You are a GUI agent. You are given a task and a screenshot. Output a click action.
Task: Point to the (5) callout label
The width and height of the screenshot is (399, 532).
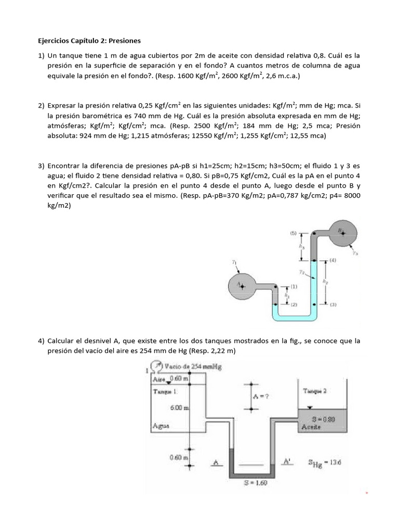[293, 233]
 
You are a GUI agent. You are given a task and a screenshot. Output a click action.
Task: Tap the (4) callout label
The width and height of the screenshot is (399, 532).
[332, 260]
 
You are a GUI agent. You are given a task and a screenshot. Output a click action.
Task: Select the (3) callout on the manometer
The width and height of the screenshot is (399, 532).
[333, 304]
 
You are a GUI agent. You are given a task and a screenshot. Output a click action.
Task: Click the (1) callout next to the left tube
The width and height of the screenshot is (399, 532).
[294, 286]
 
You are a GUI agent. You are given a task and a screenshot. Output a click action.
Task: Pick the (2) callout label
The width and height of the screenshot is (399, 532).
[294, 304]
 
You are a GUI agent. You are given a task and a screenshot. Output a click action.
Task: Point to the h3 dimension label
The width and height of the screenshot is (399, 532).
[302, 247]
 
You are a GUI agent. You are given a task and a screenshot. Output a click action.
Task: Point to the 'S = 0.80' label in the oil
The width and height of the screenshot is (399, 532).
[317, 418]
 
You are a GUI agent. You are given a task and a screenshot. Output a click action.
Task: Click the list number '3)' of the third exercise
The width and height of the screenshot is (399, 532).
[41, 166]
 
